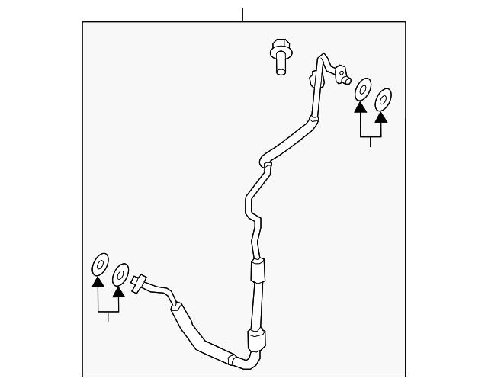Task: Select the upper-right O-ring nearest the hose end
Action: click(x=363, y=88)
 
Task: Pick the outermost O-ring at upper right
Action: click(x=384, y=98)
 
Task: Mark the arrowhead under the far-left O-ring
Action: click(x=98, y=282)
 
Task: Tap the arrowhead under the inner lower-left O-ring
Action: click(x=119, y=290)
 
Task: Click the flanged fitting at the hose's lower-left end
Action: click(x=139, y=283)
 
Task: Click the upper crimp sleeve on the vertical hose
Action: click(x=258, y=268)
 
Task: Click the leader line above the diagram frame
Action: click(x=242, y=14)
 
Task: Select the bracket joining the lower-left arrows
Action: click(x=108, y=313)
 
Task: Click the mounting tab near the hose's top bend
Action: click(x=312, y=79)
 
